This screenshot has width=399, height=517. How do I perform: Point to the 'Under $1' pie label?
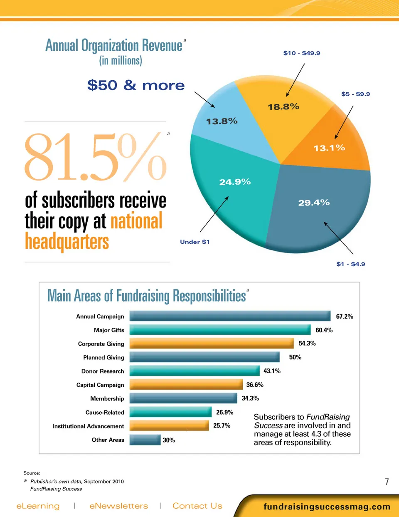point(195,242)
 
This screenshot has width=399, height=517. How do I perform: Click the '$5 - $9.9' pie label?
point(355,94)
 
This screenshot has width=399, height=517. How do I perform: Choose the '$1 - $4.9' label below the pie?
point(351,264)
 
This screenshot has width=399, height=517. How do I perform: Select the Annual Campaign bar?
point(230,316)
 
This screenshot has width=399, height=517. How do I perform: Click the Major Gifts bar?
point(220,330)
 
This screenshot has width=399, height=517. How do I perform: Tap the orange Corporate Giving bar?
point(212,343)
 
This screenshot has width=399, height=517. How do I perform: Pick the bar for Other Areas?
point(145,440)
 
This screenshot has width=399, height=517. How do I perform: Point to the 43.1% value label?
point(272,371)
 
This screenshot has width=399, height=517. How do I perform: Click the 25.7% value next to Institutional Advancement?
point(222,425)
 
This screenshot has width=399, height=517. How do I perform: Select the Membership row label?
point(107,398)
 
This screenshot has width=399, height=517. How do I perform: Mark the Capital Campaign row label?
point(100,385)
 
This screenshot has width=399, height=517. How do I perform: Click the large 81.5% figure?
point(95,157)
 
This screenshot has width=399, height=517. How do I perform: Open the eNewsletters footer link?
point(118,506)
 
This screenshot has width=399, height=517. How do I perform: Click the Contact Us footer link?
point(197,506)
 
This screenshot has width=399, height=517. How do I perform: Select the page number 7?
point(387,482)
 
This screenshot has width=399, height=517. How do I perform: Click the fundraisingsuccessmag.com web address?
point(327,507)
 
